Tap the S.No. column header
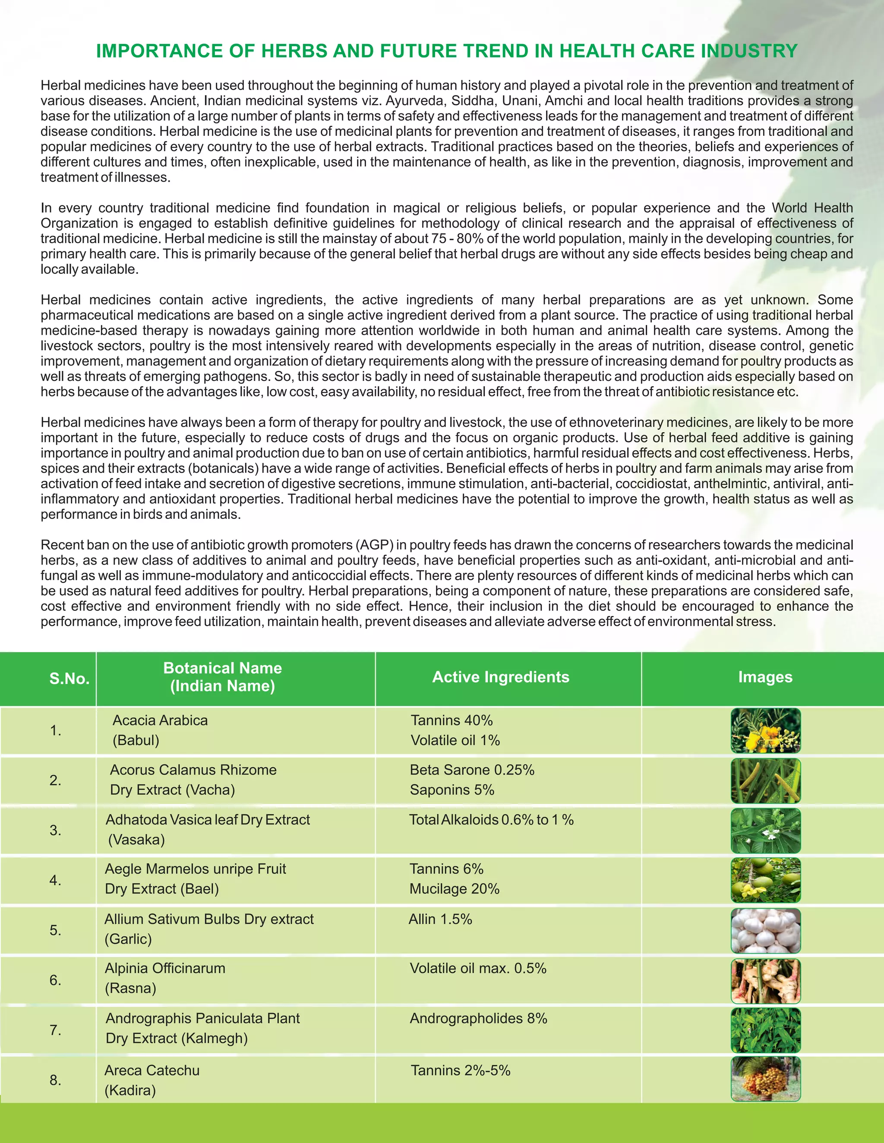(x=69, y=679)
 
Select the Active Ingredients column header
(x=500, y=677)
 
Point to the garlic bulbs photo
(x=765, y=930)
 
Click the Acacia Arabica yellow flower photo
(x=765, y=731)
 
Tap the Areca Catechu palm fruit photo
(x=765, y=1079)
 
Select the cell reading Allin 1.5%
(x=440, y=919)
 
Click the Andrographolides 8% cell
(x=478, y=1018)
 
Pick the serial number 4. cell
(x=56, y=880)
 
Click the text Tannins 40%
(x=451, y=720)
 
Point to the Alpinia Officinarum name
(x=165, y=968)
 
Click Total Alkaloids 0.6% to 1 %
(x=491, y=820)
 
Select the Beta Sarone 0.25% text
(x=472, y=770)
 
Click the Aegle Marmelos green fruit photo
(x=765, y=880)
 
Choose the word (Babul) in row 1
(x=136, y=740)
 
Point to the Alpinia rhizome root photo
(x=765, y=980)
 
